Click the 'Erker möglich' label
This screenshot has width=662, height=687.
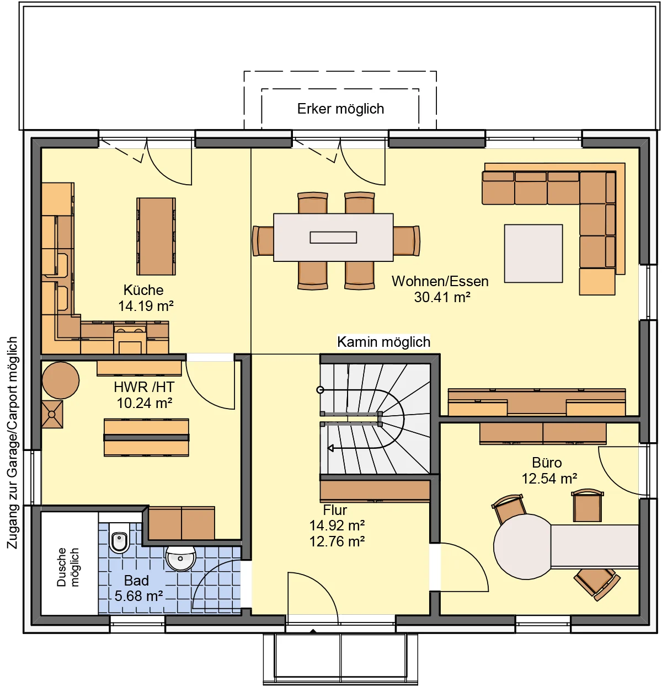click(x=340, y=109)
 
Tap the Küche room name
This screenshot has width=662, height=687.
click(x=143, y=290)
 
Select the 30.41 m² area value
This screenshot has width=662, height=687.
click(x=442, y=297)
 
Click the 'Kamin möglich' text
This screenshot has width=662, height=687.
click(x=383, y=342)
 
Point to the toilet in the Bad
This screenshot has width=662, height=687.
click(x=119, y=538)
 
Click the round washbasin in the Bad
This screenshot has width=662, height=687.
click(x=180, y=559)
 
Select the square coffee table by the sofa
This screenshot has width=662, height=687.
click(x=533, y=254)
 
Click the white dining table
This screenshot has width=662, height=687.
click(x=333, y=237)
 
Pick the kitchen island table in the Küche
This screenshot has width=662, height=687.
click(x=156, y=236)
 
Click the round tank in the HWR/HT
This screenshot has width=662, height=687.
click(x=60, y=380)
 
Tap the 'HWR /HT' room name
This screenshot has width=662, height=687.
click(x=144, y=387)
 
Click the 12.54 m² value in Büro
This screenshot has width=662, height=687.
click(x=549, y=479)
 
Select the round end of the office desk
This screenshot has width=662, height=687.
click(x=522, y=547)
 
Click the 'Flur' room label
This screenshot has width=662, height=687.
click(x=335, y=510)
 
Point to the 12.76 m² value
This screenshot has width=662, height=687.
click(x=337, y=541)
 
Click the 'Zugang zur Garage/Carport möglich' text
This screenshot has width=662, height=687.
click(x=12, y=443)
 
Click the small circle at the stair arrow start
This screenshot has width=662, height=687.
click(x=321, y=390)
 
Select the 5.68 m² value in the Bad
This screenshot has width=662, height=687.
click(x=139, y=596)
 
